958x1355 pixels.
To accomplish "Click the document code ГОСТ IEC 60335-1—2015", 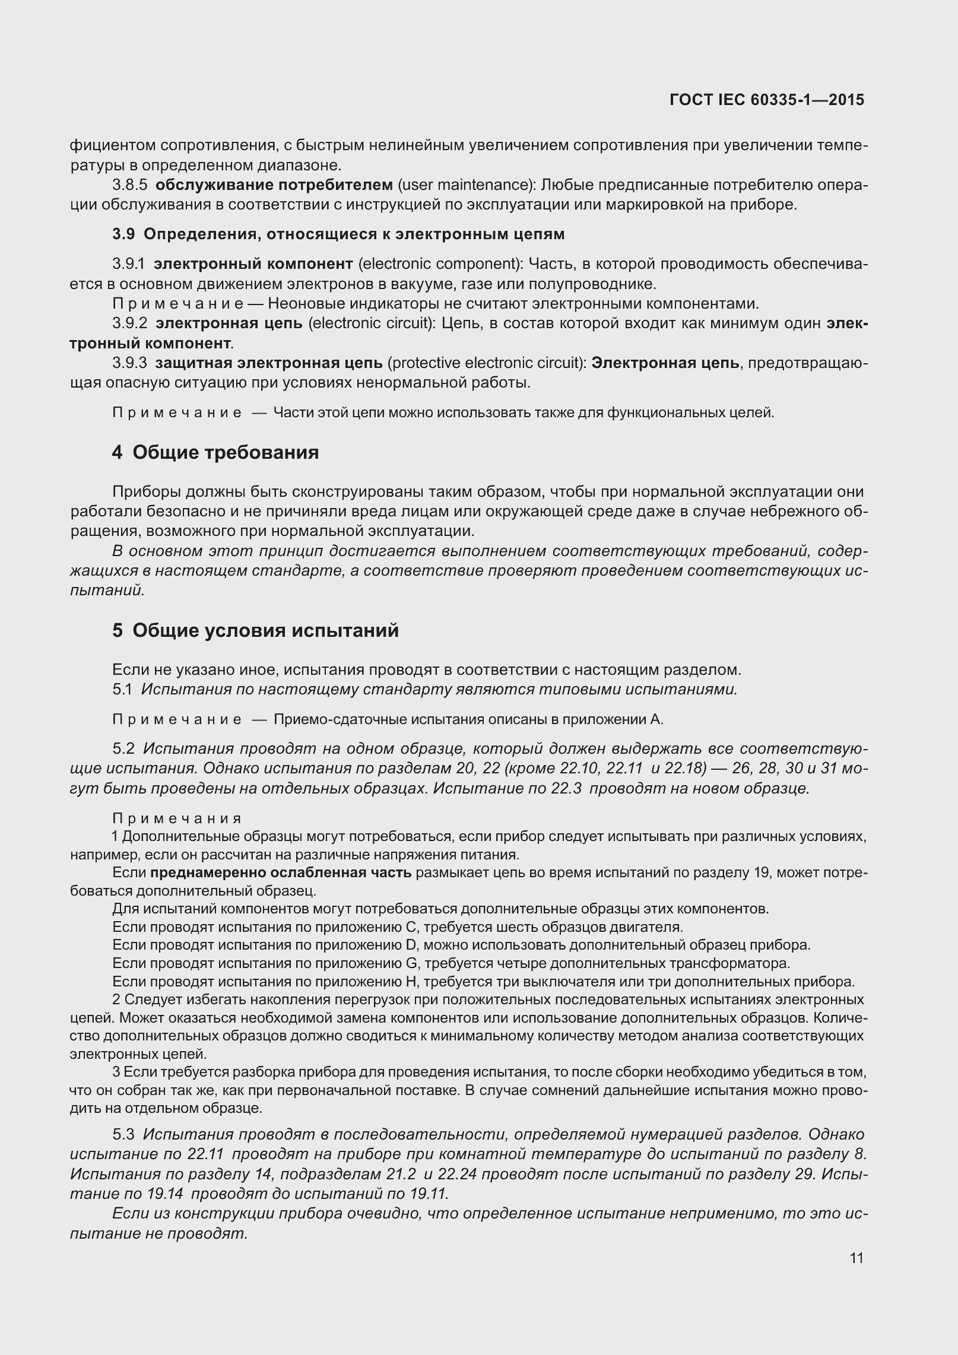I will (766, 100).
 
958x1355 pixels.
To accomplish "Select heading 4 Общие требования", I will (215, 452).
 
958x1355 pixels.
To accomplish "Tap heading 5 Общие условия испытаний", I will (255, 630).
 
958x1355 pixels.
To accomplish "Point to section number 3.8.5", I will (129, 185).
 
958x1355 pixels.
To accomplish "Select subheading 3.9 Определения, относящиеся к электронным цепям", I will (338, 234).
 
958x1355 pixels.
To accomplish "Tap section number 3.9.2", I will (129, 323).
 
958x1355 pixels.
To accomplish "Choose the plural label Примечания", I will (177, 818).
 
